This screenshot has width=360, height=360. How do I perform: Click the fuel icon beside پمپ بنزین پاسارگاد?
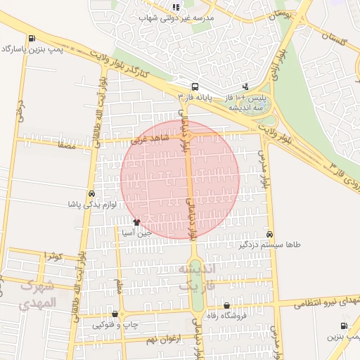point(31,39)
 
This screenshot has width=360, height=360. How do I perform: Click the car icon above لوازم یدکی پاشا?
point(91,193)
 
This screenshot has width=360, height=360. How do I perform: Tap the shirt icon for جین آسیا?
point(146,221)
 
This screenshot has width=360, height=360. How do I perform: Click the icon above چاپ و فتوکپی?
point(115,314)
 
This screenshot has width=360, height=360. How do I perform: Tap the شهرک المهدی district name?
point(38,295)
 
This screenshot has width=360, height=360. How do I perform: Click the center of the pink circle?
point(181,180)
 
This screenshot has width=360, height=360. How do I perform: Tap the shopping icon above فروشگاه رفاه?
point(226,305)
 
